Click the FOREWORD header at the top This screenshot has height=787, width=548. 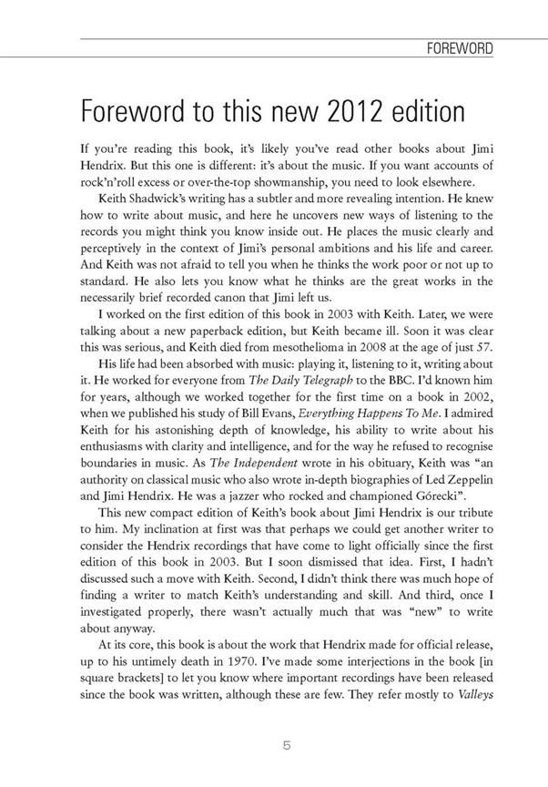460,48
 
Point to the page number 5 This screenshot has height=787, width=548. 287,745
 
